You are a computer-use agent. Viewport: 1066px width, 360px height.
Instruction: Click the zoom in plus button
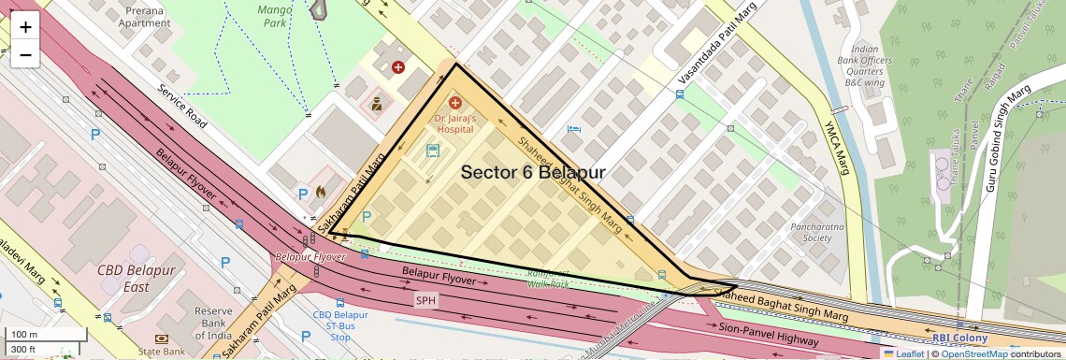pos(25,27)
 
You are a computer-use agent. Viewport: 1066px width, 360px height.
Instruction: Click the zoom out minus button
pos(25,55)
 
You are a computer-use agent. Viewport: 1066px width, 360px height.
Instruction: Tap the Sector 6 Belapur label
pos(533,173)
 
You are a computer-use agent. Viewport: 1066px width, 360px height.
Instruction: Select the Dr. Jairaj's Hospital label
pos(455,125)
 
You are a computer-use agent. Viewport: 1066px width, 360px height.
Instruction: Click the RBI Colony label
pos(959,338)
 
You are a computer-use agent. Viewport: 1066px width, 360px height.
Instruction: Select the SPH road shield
pos(426,300)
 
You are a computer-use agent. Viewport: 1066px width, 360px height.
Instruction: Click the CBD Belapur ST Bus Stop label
pos(340,326)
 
